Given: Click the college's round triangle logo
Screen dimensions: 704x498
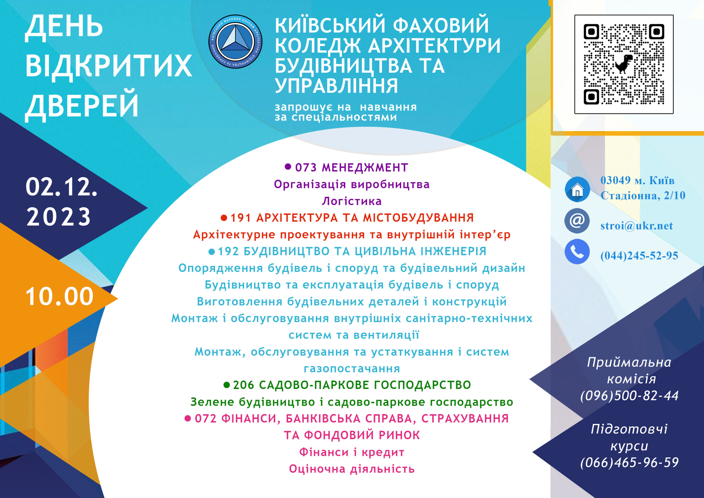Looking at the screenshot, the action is (x=235, y=42).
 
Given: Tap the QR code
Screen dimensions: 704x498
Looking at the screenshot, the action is (x=624, y=64).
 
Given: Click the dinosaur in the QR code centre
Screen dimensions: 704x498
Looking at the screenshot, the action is (x=624, y=64).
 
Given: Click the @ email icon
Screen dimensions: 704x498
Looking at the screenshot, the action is (x=577, y=221).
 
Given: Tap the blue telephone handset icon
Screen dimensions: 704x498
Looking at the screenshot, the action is (x=577, y=251).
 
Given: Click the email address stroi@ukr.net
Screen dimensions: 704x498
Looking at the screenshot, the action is (x=637, y=226).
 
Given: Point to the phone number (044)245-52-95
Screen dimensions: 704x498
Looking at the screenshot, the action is (x=639, y=256).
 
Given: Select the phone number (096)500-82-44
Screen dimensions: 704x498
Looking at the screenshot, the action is (x=629, y=396).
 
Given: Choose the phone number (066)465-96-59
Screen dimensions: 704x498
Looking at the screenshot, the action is (x=629, y=463).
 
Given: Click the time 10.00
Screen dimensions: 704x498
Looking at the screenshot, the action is (x=59, y=296).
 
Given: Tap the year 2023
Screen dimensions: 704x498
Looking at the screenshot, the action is (x=59, y=217).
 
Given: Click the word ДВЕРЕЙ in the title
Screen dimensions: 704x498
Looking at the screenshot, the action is (x=82, y=106).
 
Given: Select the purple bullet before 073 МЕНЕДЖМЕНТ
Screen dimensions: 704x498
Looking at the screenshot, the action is (x=288, y=167).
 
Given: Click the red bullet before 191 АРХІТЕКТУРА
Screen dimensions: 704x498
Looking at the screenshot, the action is (x=224, y=218).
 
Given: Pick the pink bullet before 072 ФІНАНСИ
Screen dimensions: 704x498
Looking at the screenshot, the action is (x=188, y=418).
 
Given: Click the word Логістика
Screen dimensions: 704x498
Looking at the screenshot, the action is (x=352, y=201).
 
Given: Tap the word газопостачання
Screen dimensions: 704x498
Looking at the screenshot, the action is (x=352, y=368).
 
